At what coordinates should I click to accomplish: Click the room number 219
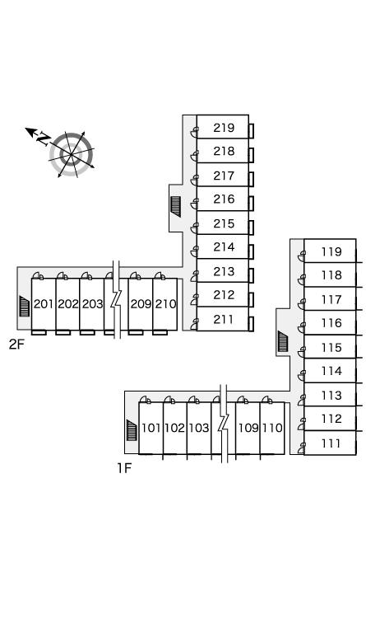coord(224,128)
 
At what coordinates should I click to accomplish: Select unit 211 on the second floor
coord(224,320)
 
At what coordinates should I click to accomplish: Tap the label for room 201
coord(44,303)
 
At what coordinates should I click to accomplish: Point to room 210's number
coord(165,303)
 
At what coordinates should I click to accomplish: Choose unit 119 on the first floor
coord(331,252)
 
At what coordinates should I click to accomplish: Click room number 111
coord(331,443)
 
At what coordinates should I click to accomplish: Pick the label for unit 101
coord(151,428)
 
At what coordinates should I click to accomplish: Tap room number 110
coord(272,428)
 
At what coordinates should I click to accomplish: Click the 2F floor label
coord(16,345)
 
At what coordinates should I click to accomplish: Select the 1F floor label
coord(124,468)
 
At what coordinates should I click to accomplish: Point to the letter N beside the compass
coord(43,138)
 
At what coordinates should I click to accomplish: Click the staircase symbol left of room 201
coord(24,306)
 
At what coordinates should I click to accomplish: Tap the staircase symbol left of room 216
coord(175,206)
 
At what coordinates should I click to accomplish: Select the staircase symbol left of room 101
coord(132,430)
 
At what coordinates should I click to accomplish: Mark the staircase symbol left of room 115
coord(283,341)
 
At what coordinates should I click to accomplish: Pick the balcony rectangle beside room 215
coord(251,227)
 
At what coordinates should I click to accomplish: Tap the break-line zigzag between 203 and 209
coord(116,299)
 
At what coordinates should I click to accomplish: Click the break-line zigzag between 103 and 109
coord(224,424)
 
